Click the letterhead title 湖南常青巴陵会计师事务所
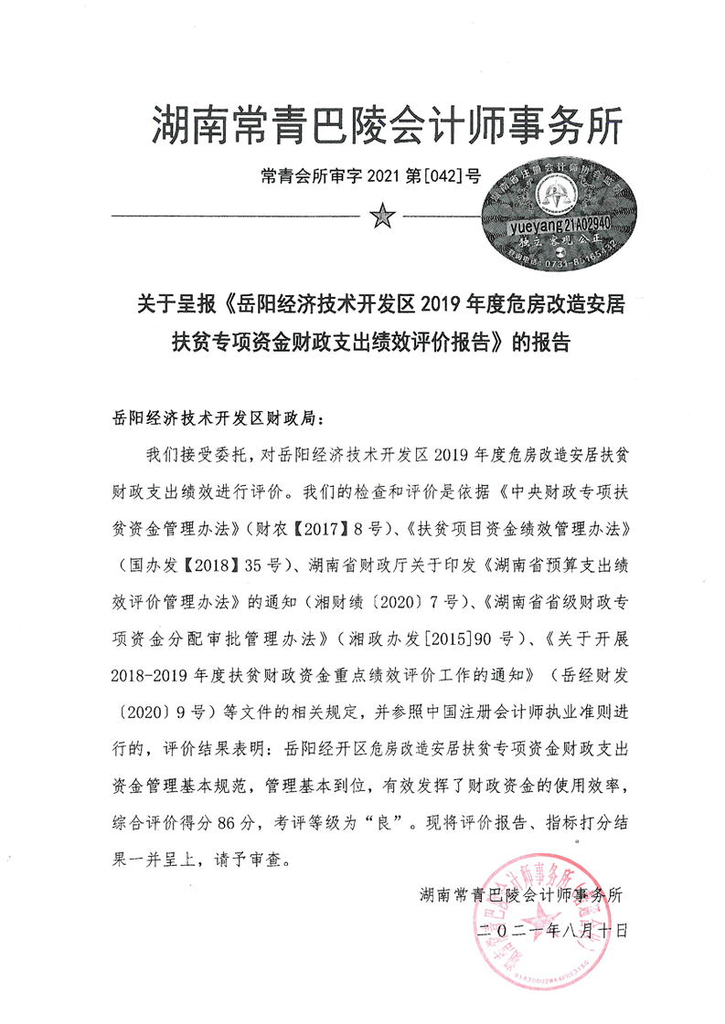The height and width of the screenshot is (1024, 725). click(x=387, y=124)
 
